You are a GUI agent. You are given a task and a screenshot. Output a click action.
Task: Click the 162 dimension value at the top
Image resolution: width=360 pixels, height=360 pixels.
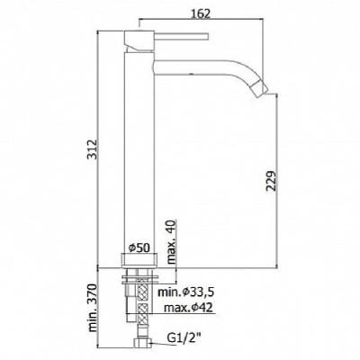coord(201,13)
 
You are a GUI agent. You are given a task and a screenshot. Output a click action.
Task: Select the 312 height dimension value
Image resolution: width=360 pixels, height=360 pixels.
coord(93,149)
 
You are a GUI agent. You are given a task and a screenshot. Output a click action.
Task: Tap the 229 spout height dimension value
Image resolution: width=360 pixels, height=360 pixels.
coord(271,181)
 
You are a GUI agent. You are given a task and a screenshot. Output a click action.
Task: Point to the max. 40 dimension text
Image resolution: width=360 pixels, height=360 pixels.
coord(171,242)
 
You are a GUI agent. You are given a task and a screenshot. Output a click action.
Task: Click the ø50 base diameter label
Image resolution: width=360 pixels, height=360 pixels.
coord(139,248)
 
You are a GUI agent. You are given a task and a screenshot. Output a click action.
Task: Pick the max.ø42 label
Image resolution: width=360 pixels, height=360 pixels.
coord(188,307)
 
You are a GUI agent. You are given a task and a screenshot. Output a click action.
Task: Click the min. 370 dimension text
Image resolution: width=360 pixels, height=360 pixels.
coord(93,307)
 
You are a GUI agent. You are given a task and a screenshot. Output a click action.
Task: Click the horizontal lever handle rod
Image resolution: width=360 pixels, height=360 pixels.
coord(182,36)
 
